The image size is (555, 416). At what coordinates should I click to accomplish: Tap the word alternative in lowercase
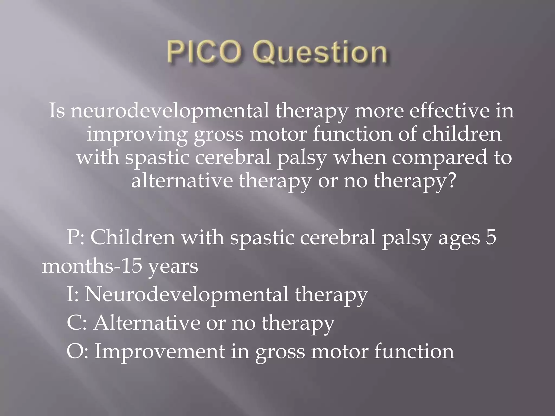point(182,181)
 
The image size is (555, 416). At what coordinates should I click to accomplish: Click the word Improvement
point(160,351)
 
